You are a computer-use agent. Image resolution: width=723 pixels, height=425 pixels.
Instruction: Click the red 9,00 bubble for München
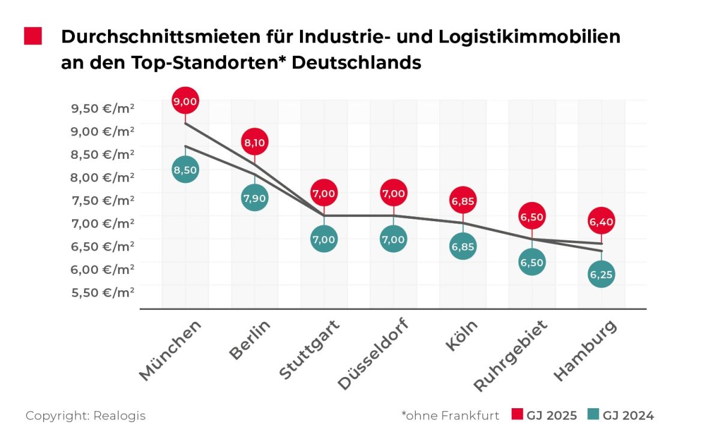coord(185,102)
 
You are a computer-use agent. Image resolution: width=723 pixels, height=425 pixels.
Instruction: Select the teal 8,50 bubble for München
coord(185,170)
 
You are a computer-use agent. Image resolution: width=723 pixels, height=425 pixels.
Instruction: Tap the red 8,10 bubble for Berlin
coord(255,142)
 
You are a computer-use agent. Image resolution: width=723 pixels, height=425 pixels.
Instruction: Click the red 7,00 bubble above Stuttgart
coord(324,193)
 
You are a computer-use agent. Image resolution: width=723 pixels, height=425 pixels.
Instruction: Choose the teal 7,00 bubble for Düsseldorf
coord(394,239)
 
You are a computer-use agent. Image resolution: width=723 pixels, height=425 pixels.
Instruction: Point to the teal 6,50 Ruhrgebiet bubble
coord(532,262)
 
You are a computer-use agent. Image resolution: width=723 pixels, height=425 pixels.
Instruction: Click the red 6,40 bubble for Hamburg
coord(601,222)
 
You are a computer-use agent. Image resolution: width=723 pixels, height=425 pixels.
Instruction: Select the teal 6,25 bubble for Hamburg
coord(601,275)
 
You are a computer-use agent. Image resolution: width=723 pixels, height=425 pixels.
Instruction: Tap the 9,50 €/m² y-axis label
coord(103,108)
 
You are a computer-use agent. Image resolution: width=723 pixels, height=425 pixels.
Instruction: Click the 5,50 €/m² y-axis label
coord(103,293)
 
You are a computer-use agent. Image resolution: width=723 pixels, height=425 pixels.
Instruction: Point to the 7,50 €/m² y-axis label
coord(103,200)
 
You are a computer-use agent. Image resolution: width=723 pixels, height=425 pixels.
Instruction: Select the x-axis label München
coord(170,350)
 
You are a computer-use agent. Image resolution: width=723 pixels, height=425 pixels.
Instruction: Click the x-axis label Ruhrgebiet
coord(511,356)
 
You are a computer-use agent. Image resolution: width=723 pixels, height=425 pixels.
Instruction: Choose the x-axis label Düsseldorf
coord(373,354)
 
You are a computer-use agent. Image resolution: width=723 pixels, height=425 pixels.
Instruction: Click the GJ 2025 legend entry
coord(545,415)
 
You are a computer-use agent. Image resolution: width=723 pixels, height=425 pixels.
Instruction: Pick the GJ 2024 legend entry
coord(620,415)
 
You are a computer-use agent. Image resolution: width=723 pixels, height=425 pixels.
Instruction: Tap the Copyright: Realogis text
coord(85,415)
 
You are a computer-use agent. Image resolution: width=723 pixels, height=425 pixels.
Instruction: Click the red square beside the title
coord(33,36)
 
